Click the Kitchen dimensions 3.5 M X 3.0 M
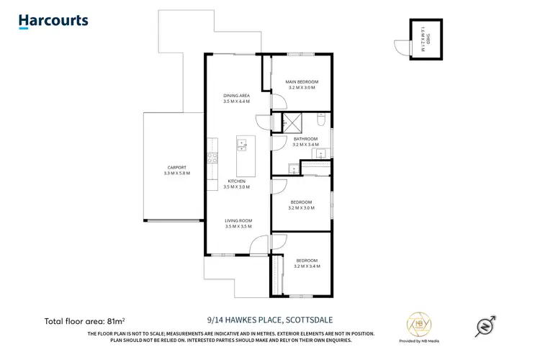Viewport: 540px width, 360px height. click(236, 186)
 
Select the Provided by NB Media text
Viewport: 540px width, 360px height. click(415, 339)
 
